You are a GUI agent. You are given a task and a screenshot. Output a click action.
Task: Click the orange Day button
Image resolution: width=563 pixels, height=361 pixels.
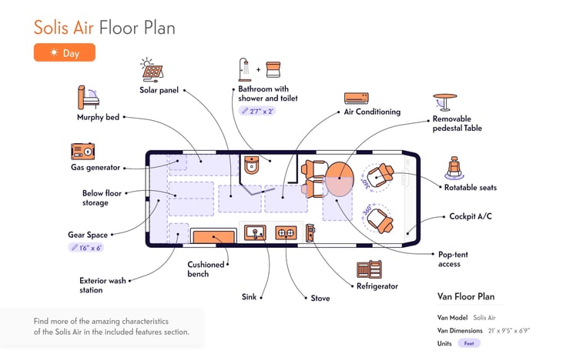pyautogui.click(x=65, y=53)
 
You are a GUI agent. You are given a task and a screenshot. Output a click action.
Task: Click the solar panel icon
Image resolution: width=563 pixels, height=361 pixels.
pyautogui.click(x=152, y=69)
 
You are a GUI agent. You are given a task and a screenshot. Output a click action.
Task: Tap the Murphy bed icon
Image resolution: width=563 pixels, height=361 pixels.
pyautogui.click(x=88, y=97)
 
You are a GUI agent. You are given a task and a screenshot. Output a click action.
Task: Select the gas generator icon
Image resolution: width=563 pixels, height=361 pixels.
pyautogui.click(x=83, y=151)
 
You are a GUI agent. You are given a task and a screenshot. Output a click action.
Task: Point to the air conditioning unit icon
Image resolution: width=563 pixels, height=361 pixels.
pyautogui.click(x=356, y=98)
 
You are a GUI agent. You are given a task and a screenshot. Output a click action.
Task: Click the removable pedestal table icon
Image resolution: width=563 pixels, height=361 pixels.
pyautogui.click(x=444, y=102)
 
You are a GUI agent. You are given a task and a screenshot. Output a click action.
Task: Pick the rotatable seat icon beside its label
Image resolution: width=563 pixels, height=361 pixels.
pyautogui.click(x=454, y=168)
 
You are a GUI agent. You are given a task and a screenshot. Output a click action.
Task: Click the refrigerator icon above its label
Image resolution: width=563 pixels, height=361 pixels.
pyautogui.click(x=369, y=269)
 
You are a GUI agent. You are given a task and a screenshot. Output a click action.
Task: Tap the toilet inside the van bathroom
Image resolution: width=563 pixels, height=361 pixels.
pyautogui.click(x=252, y=165)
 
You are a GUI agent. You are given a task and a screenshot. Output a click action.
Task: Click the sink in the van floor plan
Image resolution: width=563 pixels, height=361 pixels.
pyautogui.click(x=255, y=232)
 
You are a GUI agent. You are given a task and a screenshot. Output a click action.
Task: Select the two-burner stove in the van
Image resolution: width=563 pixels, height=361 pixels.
pyautogui.click(x=287, y=233)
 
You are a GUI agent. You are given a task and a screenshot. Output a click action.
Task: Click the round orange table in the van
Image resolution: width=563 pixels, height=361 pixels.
pyautogui.click(x=339, y=179)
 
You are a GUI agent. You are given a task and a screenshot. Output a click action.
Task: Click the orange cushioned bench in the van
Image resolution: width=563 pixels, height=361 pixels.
pyautogui.click(x=213, y=237)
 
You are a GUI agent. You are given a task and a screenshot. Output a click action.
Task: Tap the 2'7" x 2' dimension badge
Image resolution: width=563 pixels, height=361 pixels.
pyautogui.click(x=257, y=112)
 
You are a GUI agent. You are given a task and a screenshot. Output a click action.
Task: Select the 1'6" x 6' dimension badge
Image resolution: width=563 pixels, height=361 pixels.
pyautogui.click(x=86, y=248)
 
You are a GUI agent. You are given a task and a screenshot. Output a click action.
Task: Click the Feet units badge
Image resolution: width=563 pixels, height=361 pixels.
pyautogui.click(x=469, y=343)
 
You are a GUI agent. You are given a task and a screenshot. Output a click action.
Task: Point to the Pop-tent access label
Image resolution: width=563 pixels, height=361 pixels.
pyautogui.click(x=453, y=259)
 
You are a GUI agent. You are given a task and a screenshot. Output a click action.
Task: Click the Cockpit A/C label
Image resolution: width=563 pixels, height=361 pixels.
pyautogui.click(x=471, y=216)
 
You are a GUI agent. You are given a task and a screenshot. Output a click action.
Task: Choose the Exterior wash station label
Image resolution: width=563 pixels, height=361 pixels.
pyautogui.click(x=102, y=286)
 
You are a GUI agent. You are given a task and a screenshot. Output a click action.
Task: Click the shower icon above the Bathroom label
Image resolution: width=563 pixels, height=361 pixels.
pyautogui.click(x=244, y=69)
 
